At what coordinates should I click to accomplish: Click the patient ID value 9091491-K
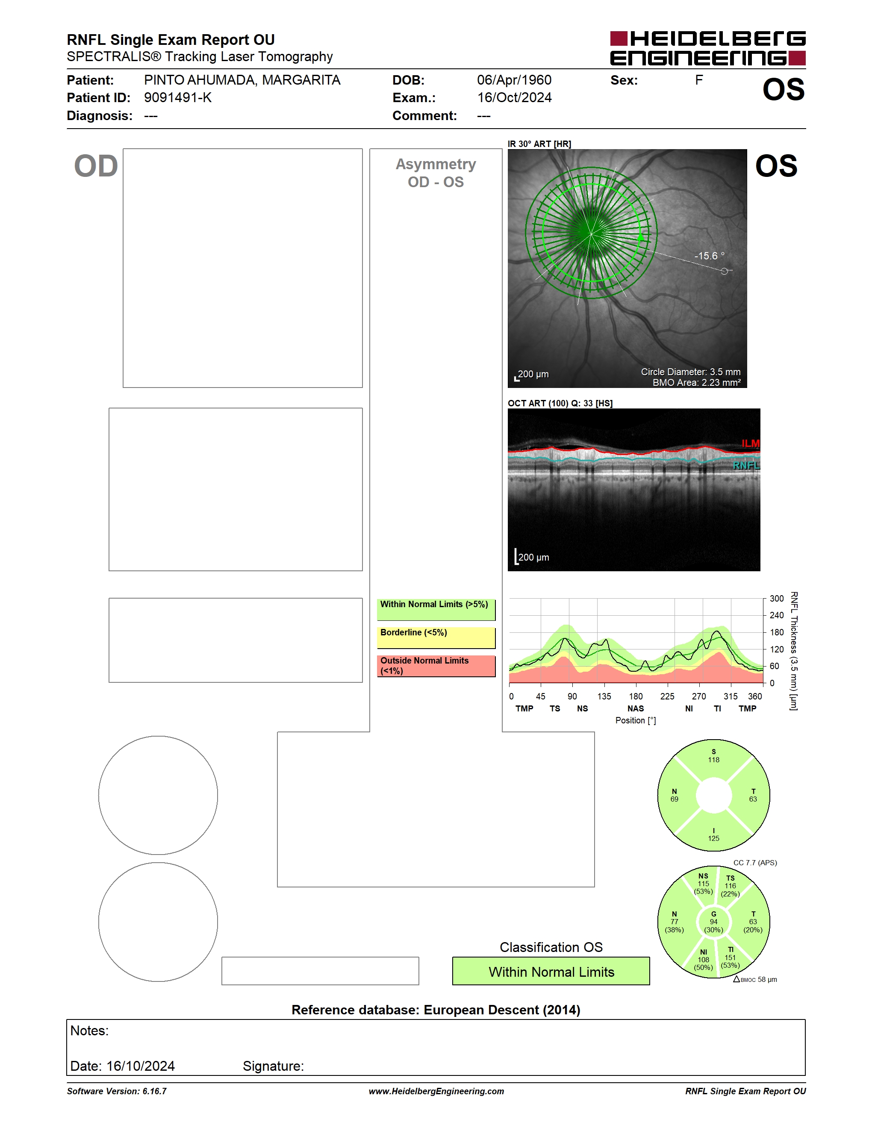point(178,97)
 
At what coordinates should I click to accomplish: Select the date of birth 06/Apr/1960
point(514,80)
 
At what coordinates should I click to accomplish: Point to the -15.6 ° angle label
point(709,256)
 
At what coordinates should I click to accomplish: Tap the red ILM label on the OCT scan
point(750,443)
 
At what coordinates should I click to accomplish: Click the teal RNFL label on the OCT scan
point(746,465)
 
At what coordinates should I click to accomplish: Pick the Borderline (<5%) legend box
point(436,638)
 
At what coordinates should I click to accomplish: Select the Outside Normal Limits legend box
point(436,666)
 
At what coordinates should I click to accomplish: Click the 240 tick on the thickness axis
point(776,615)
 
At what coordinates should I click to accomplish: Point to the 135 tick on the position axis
point(604,696)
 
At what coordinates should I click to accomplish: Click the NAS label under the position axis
point(635,708)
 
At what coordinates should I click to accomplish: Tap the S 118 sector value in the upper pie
point(713,755)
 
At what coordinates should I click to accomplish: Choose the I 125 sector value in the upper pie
point(713,834)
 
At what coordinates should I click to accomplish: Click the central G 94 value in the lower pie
point(713,922)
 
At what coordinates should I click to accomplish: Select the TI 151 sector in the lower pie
point(730,958)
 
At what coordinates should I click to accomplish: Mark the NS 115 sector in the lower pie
point(703,884)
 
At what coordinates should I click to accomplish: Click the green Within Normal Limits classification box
point(551,972)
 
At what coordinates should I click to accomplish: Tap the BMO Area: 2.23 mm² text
point(696,383)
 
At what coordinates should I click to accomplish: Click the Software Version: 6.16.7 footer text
point(117,1091)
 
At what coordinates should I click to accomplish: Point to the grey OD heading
point(96,166)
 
